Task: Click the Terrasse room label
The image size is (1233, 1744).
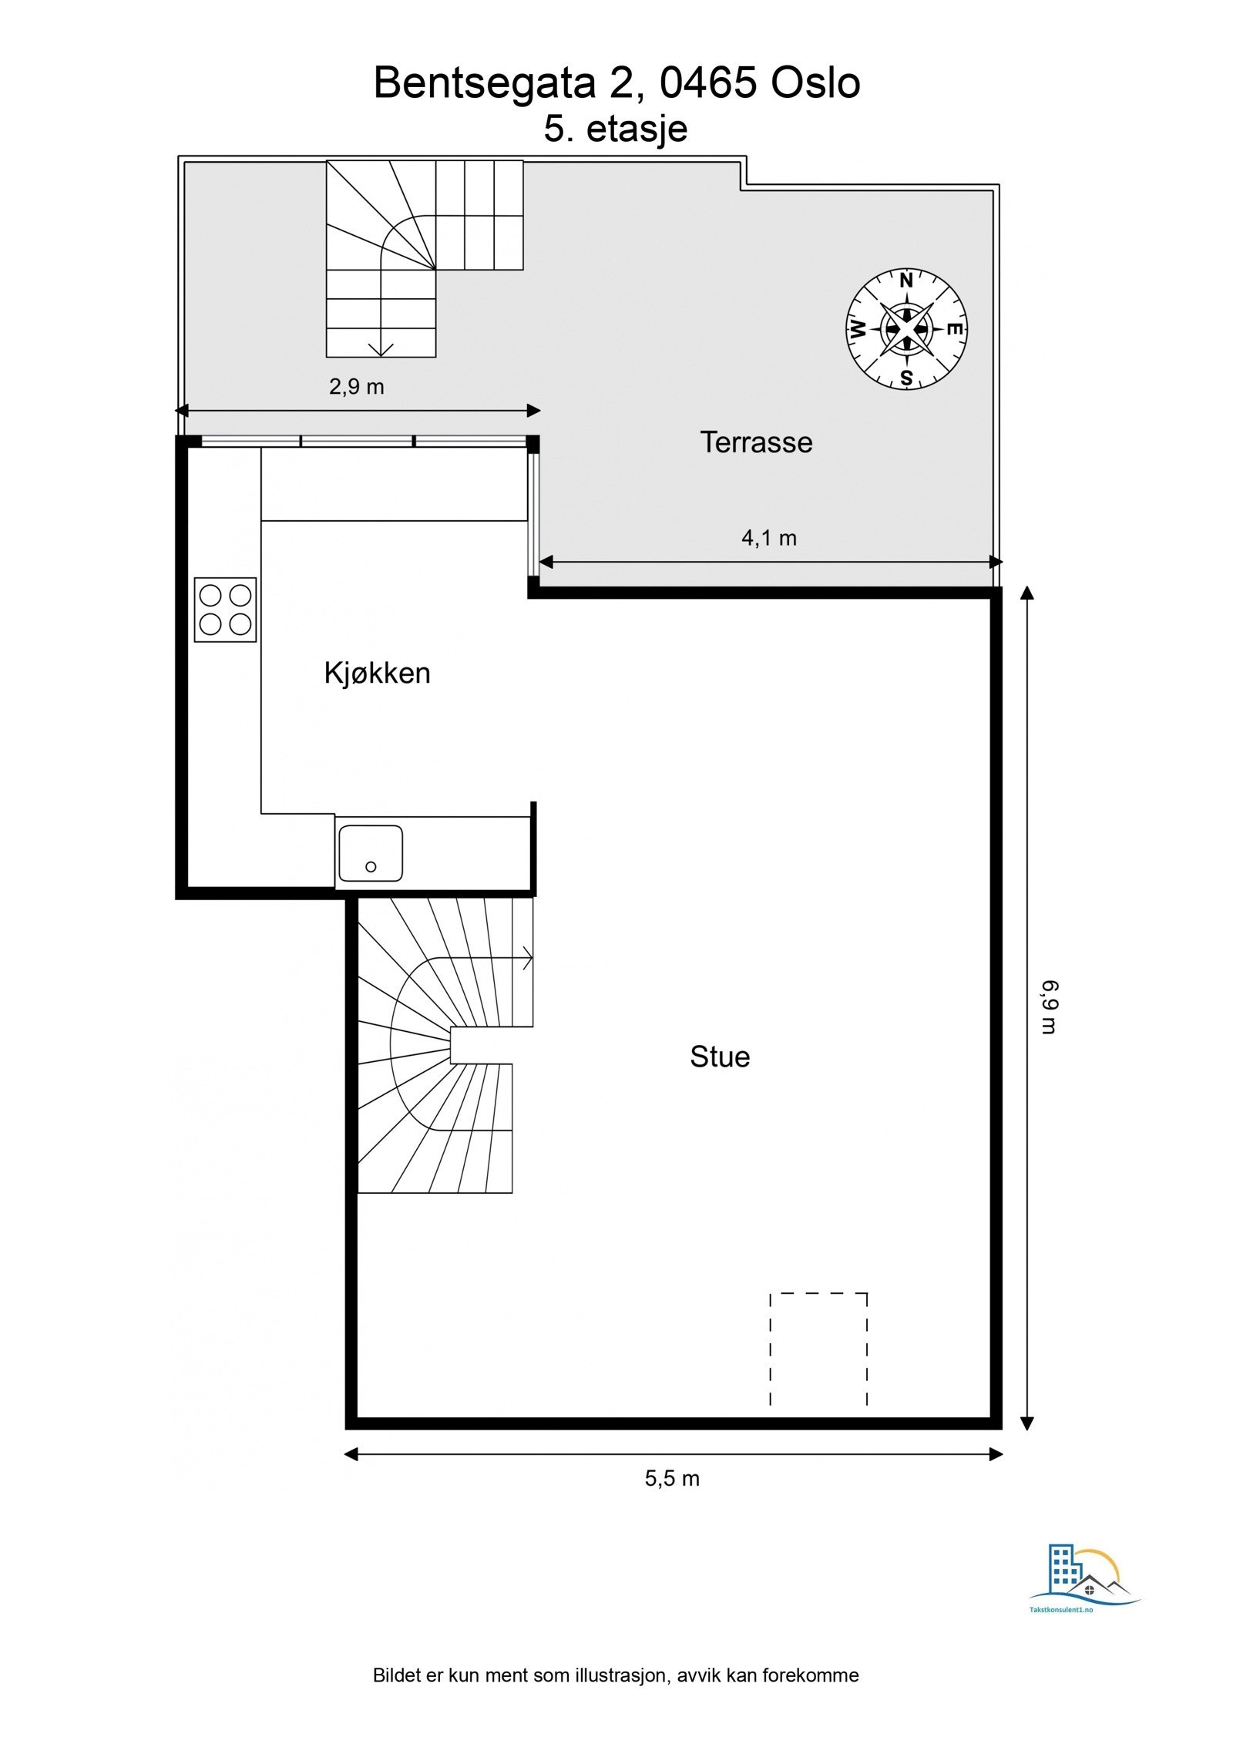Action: (x=755, y=442)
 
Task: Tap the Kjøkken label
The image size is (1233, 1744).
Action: (x=377, y=673)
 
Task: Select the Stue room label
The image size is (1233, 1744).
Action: (x=719, y=1057)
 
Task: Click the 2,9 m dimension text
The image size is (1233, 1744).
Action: (x=356, y=386)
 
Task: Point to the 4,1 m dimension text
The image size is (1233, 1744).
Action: (x=768, y=538)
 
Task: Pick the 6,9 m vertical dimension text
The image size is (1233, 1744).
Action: (x=1050, y=1006)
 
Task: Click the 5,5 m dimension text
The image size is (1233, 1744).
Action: (x=672, y=1478)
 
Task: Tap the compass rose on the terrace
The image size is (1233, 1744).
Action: (x=906, y=329)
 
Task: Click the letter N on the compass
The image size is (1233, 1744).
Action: (x=906, y=281)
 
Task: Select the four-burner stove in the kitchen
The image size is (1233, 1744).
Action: (x=225, y=610)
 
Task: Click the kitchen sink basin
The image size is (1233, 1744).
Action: (x=371, y=853)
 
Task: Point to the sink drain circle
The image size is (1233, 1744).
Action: (x=371, y=867)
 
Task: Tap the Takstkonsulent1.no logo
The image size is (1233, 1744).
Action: (x=1085, y=1589)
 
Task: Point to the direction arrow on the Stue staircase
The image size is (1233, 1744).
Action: (x=527, y=958)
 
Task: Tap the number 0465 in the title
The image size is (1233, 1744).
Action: (x=708, y=82)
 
